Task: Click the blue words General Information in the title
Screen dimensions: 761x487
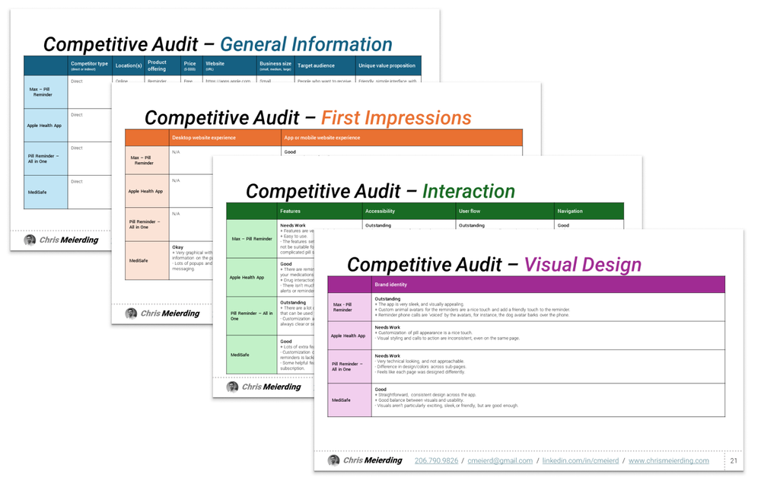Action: (x=306, y=44)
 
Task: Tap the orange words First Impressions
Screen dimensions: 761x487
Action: (x=396, y=118)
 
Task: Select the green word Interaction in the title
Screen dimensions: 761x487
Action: (x=468, y=191)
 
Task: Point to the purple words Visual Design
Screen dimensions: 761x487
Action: (x=583, y=264)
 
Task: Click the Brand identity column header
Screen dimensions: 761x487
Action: (x=391, y=285)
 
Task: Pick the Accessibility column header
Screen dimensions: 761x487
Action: (x=380, y=211)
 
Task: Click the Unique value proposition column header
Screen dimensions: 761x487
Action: (x=387, y=65)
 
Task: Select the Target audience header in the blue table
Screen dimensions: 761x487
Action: (x=317, y=65)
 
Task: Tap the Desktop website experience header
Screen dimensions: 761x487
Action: (x=204, y=138)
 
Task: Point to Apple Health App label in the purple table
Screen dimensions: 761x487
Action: (x=348, y=336)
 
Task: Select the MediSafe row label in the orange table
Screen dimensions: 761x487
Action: (x=139, y=260)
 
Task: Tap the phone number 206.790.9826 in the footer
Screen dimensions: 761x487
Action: (x=436, y=460)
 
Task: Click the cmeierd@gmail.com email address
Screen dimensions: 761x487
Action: (x=500, y=460)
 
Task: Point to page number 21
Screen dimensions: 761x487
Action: (x=734, y=460)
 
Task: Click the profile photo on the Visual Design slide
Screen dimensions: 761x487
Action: (x=333, y=460)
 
